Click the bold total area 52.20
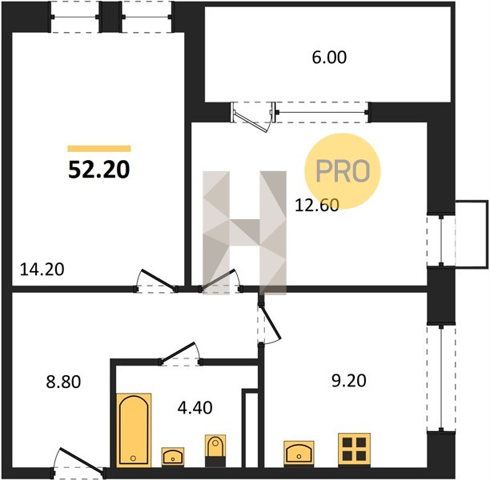(x=98, y=170)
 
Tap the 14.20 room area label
(x=42, y=269)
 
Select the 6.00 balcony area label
(x=329, y=58)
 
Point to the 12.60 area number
(x=317, y=206)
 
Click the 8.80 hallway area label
(x=63, y=382)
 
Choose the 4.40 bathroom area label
(x=195, y=407)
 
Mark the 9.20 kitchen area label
(x=349, y=381)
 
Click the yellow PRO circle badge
(x=343, y=171)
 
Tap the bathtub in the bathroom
(x=134, y=430)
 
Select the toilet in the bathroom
(x=215, y=450)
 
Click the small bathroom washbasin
(x=173, y=456)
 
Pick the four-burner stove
(x=355, y=450)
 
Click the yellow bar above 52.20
(x=99, y=149)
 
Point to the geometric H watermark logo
(x=245, y=233)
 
